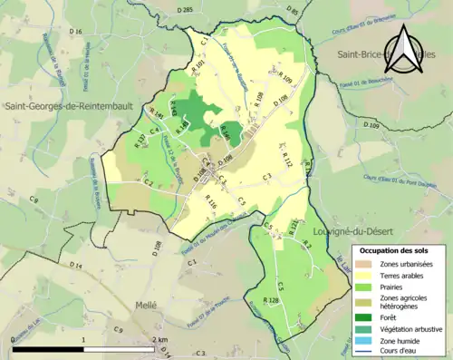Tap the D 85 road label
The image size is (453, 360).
[291, 10]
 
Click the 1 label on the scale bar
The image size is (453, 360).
[83, 339]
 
